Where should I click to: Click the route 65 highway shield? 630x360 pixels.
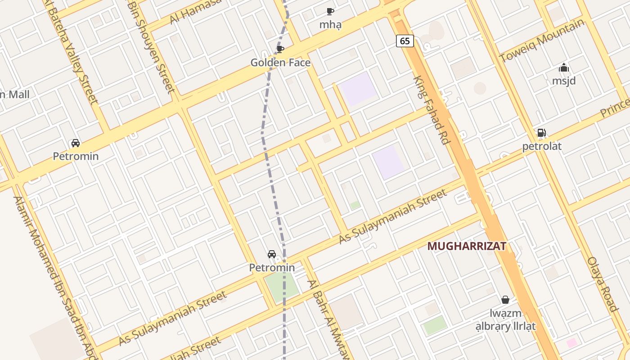pyautogui.click(x=405, y=41)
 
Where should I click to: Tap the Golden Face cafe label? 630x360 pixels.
pyautogui.click(x=280, y=63)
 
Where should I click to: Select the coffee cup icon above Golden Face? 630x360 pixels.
pyautogui.click(x=280, y=49)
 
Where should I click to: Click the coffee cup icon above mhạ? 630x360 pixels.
pyautogui.click(x=330, y=11)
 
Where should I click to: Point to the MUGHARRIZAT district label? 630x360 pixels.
pyautogui.click(x=467, y=246)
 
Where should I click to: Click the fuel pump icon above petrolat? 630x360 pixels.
pyautogui.click(x=541, y=133)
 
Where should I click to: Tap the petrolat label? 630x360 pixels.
pyautogui.click(x=542, y=146)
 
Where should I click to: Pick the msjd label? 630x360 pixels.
pyautogui.click(x=564, y=81)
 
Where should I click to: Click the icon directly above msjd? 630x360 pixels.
pyautogui.click(x=564, y=68)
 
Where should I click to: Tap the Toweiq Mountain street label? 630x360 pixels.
pyautogui.click(x=542, y=41)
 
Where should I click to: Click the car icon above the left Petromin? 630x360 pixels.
pyautogui.click(x=76, y=143)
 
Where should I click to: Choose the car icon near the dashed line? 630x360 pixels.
pyautogui.click(x=272, y=254)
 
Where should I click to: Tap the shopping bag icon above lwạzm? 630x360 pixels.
pyautogui.click(x=505, y=300)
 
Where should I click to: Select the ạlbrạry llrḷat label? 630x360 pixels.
pyautogui.click(x=506, y=326)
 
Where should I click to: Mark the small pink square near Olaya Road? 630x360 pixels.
pyautogui.click(x=571, y=343)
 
